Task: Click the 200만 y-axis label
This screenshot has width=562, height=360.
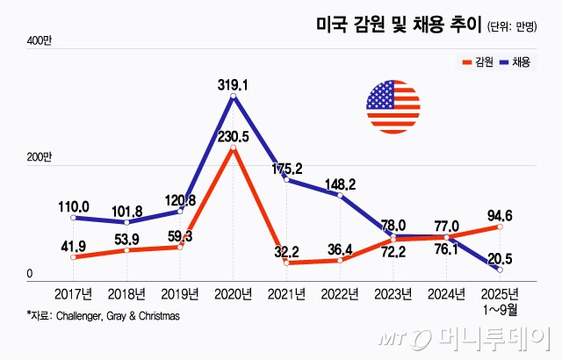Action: (x=40, y=157)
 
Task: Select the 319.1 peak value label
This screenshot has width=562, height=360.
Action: (x=233, y=85)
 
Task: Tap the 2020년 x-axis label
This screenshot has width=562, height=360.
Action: (x=233, y=293)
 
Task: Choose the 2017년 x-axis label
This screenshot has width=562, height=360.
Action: (x=73, y=293)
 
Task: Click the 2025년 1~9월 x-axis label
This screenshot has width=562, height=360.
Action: (x=501, y=299)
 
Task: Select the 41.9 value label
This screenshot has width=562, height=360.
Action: (x=73, y=245)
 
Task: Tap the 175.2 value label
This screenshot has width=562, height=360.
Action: (x=288, y=168)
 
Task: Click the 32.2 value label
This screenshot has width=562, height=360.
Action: (x=288, y=250)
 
